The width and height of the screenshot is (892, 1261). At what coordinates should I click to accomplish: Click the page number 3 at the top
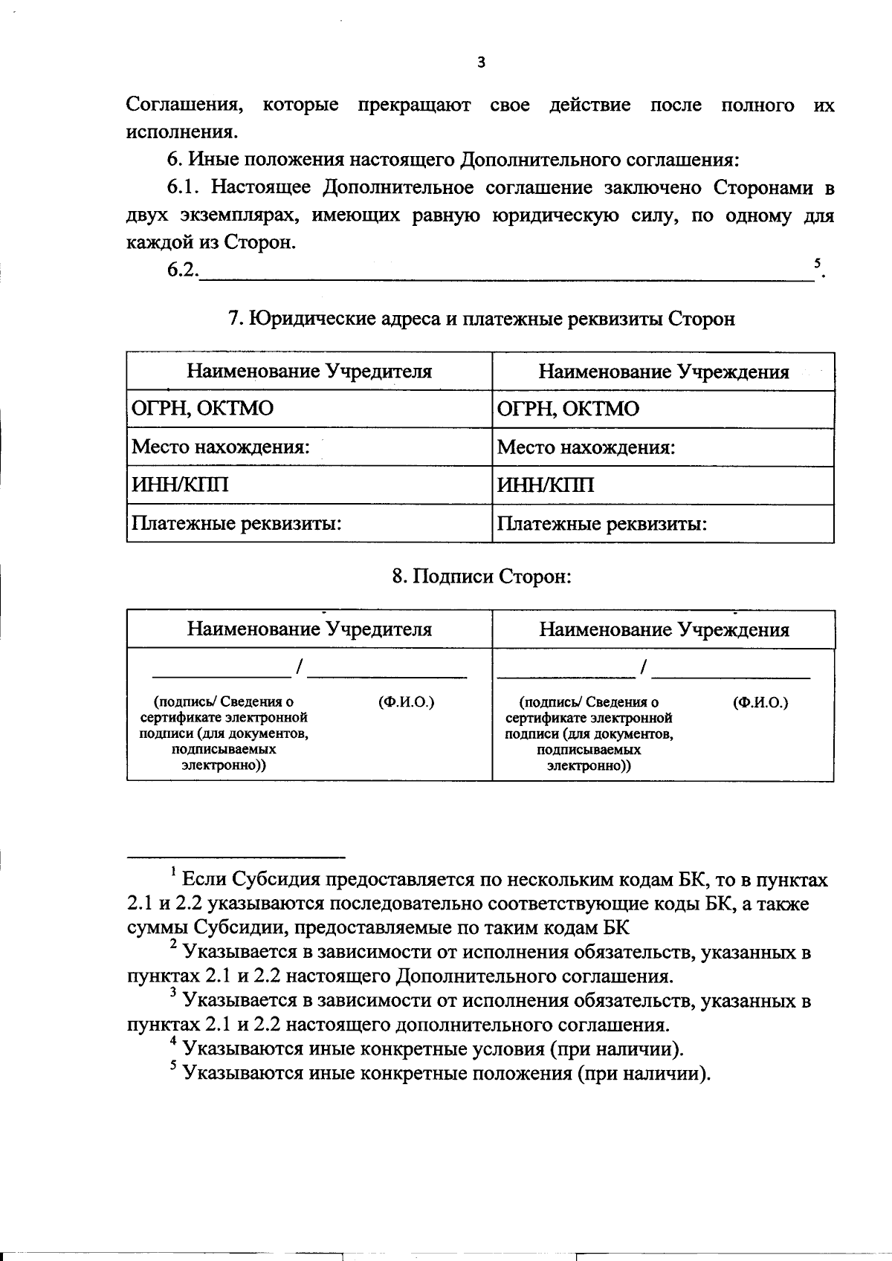tap(480, 62)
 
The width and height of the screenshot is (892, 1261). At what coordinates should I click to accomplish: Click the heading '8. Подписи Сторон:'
tap(481, 577)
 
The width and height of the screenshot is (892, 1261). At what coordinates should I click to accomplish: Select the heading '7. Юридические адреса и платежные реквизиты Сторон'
tap(481, 320)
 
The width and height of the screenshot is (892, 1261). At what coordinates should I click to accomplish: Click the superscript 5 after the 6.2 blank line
tap(817, 263)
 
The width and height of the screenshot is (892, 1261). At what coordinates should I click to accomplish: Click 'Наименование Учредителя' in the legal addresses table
tap(308, 372)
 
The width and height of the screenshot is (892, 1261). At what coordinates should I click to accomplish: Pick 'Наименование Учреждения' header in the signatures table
tap(663, 630)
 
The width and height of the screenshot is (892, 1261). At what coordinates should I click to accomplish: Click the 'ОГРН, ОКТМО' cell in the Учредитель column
tap(202, 409)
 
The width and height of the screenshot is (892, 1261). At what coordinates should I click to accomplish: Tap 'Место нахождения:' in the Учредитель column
tap(220, 447)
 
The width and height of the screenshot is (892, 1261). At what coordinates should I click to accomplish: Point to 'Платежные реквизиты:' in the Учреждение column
tap(601, 525)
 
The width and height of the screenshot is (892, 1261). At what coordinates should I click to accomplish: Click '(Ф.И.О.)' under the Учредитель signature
tap(406, 702)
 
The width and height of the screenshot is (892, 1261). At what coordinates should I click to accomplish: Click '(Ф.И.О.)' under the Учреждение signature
tap(760, 702)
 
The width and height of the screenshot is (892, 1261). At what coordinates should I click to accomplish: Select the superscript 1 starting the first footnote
tap(173, 871)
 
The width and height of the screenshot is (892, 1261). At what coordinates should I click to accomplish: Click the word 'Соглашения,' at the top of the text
tap(184, 105)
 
